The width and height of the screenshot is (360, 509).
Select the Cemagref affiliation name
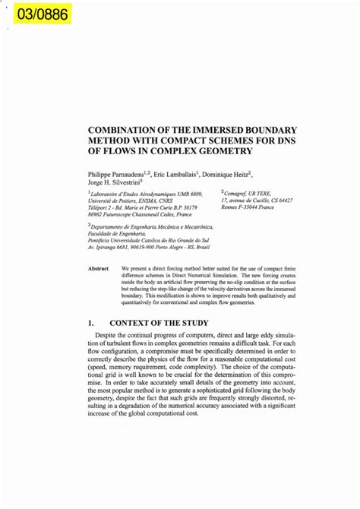239,194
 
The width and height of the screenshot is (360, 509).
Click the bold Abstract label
99,269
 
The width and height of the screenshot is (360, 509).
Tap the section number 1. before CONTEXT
91,323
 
